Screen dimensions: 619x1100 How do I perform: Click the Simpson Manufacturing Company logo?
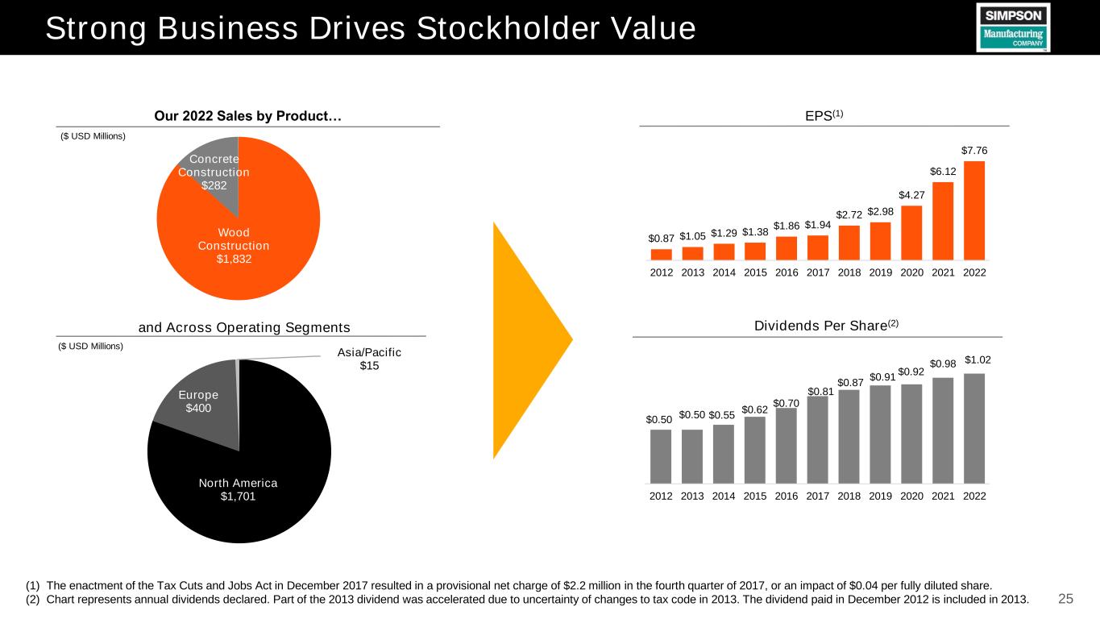click(x=1013, y=27)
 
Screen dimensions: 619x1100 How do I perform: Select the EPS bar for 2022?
click(x=974, y=211)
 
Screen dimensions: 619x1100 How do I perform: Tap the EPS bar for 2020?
click(x=911, y=233)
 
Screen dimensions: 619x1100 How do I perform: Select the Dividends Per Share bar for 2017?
click(x=817, y=440)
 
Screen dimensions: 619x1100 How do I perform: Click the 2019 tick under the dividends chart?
click(x=880, y=495)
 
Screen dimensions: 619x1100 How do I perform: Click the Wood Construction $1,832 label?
click(x=233, y=245)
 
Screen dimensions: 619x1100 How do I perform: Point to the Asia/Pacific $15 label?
click(x=369, y=359)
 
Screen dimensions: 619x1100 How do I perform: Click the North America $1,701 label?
click(x=239, y=489)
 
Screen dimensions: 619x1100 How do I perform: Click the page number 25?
click(x=1065, y=598)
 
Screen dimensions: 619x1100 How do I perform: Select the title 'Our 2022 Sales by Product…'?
click(x=247, y=118)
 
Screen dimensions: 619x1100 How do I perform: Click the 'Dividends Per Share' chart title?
click(x=818, y=325)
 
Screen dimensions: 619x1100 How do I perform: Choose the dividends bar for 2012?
click(x=661, y=456)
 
